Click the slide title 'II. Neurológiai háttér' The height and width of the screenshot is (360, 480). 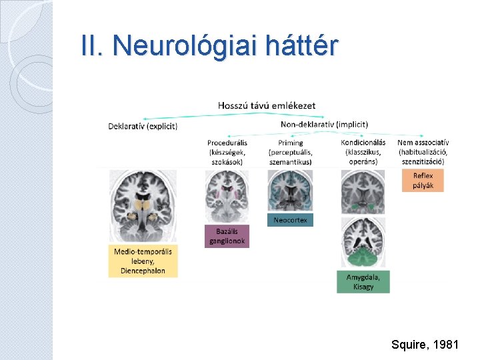210,45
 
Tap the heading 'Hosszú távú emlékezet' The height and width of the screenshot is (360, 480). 267,105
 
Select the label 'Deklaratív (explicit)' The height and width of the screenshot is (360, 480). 143,126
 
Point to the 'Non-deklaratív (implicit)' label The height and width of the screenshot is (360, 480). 324,124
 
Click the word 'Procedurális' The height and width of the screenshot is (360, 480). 227,143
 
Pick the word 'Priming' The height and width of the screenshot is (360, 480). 291,143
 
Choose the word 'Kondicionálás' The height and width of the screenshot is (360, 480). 363,143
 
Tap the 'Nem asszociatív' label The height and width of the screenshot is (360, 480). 423,143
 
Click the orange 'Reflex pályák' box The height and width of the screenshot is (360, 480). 423,180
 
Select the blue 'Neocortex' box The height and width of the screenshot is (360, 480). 290,220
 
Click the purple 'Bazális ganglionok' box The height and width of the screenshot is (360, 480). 227,236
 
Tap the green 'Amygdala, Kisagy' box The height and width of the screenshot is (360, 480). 363,281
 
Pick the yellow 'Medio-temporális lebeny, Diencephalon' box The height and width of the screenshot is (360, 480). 143,261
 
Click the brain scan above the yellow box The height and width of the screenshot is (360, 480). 143,206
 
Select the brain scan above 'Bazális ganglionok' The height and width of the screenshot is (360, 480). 227,196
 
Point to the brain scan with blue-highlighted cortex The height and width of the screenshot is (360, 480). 290,191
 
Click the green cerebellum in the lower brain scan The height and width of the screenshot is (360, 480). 363,255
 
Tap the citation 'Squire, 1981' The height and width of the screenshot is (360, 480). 425,345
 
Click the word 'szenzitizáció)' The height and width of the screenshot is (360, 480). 423,161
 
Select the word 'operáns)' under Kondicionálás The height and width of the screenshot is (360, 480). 363,161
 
